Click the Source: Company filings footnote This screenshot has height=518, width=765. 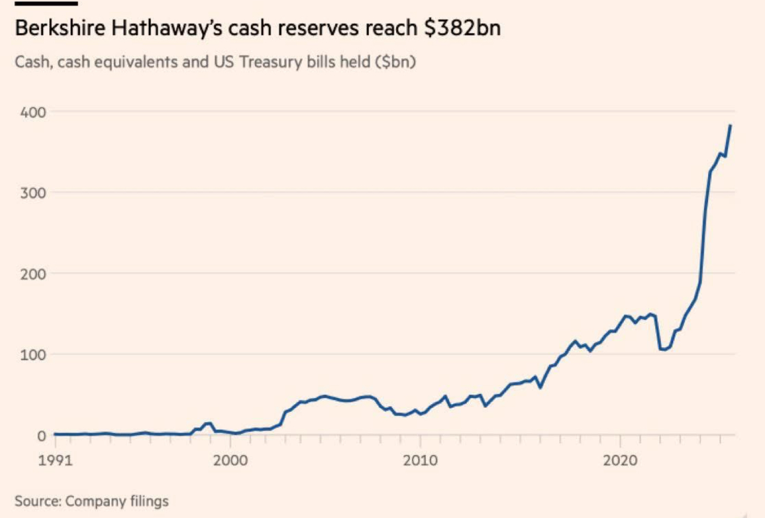pyautogui.click(x=92, y=501)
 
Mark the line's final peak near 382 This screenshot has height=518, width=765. pyautogui.click(x=731, y=125)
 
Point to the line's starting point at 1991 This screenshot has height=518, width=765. pyautogui.click(x=55, y=434)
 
